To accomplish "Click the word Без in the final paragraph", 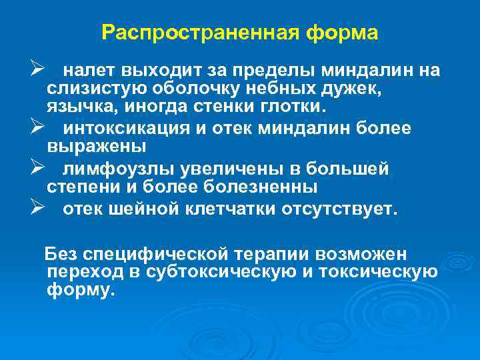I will (x=58, y=254).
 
